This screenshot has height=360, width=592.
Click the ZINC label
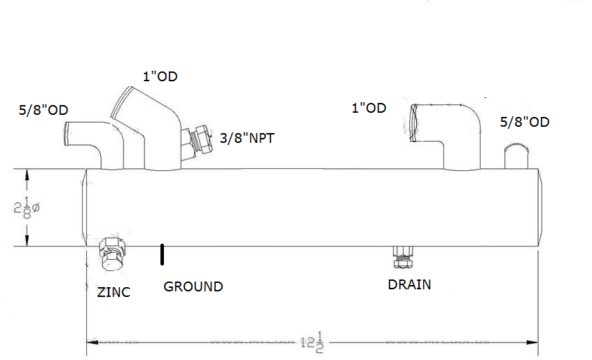(113, 292)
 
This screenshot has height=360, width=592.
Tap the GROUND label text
(193, 286)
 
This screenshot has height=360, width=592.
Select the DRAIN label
(409, 285)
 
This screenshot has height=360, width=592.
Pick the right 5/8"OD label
(525, 122)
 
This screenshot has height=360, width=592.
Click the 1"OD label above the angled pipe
(160, 76)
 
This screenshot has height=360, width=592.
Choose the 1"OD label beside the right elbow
(369, 108)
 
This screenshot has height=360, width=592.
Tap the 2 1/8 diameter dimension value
(27, 208)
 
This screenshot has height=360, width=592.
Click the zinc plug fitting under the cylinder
(112, 254)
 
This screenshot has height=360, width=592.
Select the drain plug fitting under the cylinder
(402, 257)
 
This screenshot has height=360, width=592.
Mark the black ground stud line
(162, 254)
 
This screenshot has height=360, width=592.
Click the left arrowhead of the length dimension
(90, 342)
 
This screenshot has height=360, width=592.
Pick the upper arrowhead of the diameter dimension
(27, 173)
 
